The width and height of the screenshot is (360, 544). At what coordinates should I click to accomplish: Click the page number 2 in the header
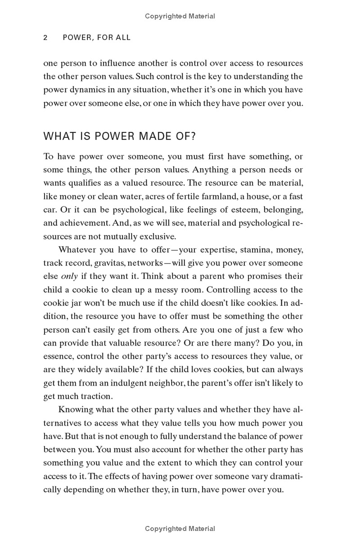point(45,38)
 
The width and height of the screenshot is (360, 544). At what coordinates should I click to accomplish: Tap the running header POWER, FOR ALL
point(96,38)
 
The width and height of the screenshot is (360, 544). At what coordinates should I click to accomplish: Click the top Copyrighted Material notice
point(180,16)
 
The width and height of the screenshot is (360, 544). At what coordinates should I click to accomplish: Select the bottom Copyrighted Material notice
point(180,529)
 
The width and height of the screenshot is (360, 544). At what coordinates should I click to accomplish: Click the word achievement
point(85,223)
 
